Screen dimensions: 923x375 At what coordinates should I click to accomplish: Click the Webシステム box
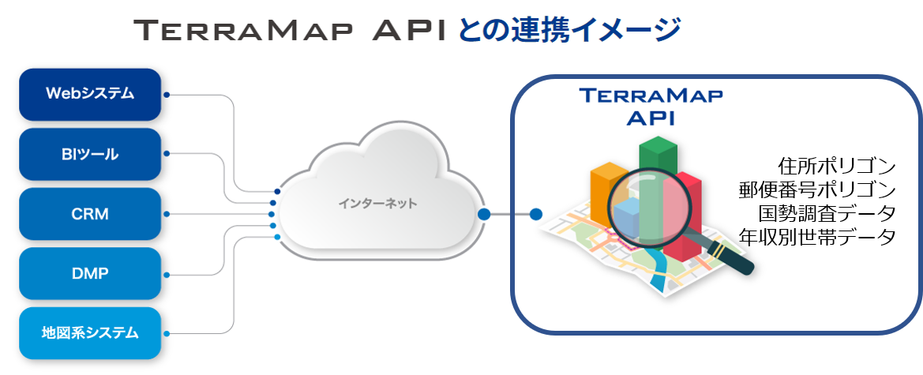tap(90, 94)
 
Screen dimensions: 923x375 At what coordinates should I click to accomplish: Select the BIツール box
tap(90, 154)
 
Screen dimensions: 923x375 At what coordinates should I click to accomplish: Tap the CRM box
tap(90, 214)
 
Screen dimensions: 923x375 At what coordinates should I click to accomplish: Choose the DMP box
tap(90, 274)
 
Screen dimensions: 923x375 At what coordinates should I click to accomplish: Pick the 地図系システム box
tap(90, 333)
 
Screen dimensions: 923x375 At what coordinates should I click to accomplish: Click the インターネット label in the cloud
tap(377, 204)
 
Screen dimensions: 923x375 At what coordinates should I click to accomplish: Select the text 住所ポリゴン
tap(836, 166)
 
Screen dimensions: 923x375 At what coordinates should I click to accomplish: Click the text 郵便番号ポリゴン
tap(817, 189)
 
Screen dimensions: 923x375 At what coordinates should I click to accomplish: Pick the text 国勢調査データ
tap(827, 213)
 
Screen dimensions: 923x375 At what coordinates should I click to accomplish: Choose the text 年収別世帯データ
tap(817, 237)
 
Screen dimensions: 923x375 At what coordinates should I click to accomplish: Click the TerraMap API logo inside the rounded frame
tap(651, 106)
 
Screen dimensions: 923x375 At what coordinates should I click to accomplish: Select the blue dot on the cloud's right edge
tap(484, 214)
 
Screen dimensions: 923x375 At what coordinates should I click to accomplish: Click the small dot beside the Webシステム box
tap(167, 95)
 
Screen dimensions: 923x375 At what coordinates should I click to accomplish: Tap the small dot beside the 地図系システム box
tap(167, 334)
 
